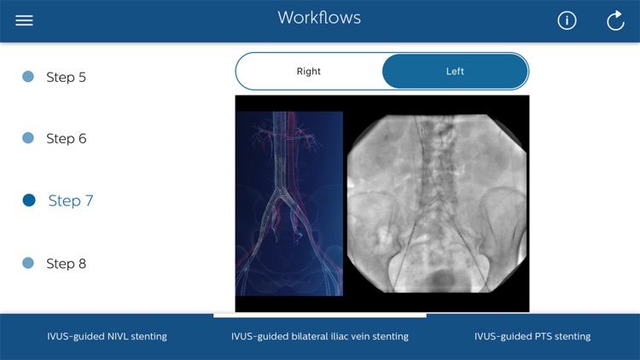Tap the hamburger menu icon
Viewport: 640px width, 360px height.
24,20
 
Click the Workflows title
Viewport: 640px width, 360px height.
319,18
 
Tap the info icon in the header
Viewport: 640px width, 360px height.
567,20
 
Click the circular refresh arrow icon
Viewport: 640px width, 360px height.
615,20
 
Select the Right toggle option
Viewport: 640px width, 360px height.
309,72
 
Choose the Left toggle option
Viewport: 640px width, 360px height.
455,72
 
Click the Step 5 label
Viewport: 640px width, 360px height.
66,77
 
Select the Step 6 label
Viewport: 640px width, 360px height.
66,138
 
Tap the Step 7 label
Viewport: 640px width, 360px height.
71,200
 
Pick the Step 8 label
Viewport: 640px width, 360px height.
66,264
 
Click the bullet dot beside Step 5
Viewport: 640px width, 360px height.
28,77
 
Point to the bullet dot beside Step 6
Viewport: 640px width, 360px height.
28,138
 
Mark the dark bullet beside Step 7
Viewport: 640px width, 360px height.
29,200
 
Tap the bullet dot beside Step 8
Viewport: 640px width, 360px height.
28,264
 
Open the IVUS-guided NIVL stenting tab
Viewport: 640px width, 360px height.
107,336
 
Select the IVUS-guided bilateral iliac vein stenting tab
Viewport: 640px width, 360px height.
320,336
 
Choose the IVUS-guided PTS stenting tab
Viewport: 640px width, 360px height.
532,336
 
